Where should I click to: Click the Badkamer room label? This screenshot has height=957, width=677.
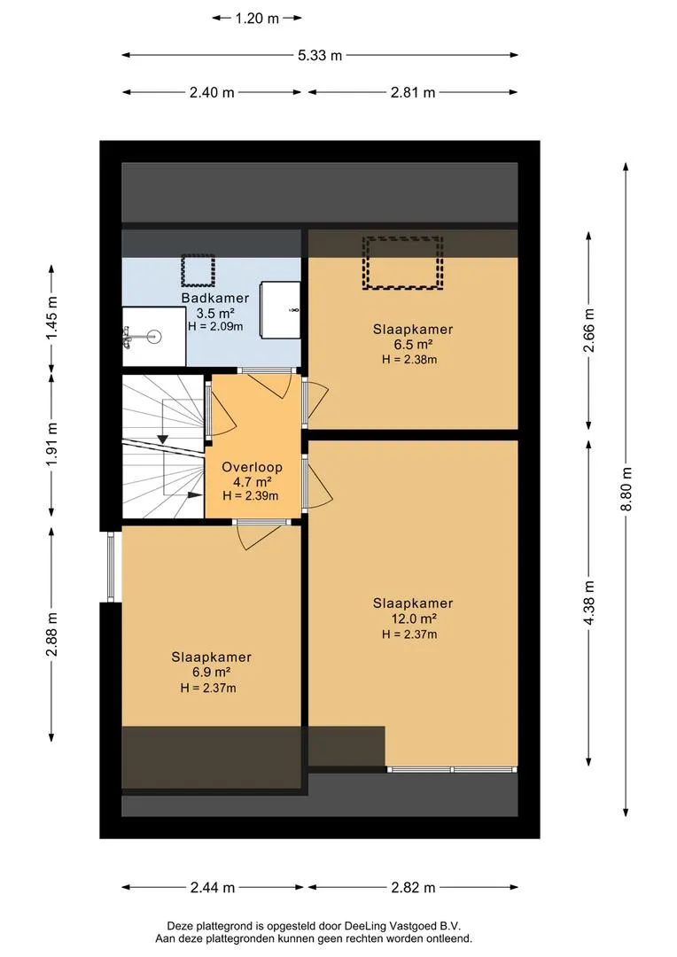[214, 299]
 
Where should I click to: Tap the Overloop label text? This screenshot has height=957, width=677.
[252, 468]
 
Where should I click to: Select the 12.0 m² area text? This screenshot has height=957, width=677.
[414, 619]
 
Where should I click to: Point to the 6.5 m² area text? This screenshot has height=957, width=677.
[414, 344]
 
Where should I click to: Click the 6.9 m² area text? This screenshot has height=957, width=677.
[211, 673]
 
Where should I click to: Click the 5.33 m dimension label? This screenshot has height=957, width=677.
[320, 56]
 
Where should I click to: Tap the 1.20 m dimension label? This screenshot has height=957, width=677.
[257, 19]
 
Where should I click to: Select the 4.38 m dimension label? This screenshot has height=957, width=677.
[589, 603]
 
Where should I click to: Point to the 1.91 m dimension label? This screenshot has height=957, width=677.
[52, 444]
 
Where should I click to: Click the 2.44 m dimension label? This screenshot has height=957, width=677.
[213, 887]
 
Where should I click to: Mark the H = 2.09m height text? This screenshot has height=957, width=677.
[215, 326]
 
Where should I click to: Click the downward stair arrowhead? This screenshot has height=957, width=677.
[163, 439]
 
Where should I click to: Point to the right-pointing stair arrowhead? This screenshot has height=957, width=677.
[196, 495]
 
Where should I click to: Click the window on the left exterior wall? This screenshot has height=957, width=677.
[111, 567]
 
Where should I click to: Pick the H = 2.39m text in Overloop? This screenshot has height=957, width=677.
[250, 495]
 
